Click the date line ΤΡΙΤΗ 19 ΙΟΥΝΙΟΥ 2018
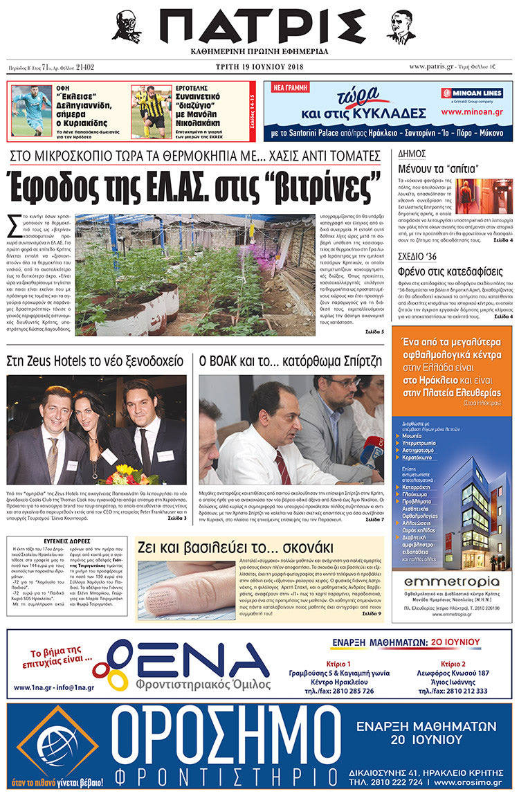259,67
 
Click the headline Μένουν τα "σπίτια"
439,168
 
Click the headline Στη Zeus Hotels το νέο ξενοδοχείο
95,361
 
